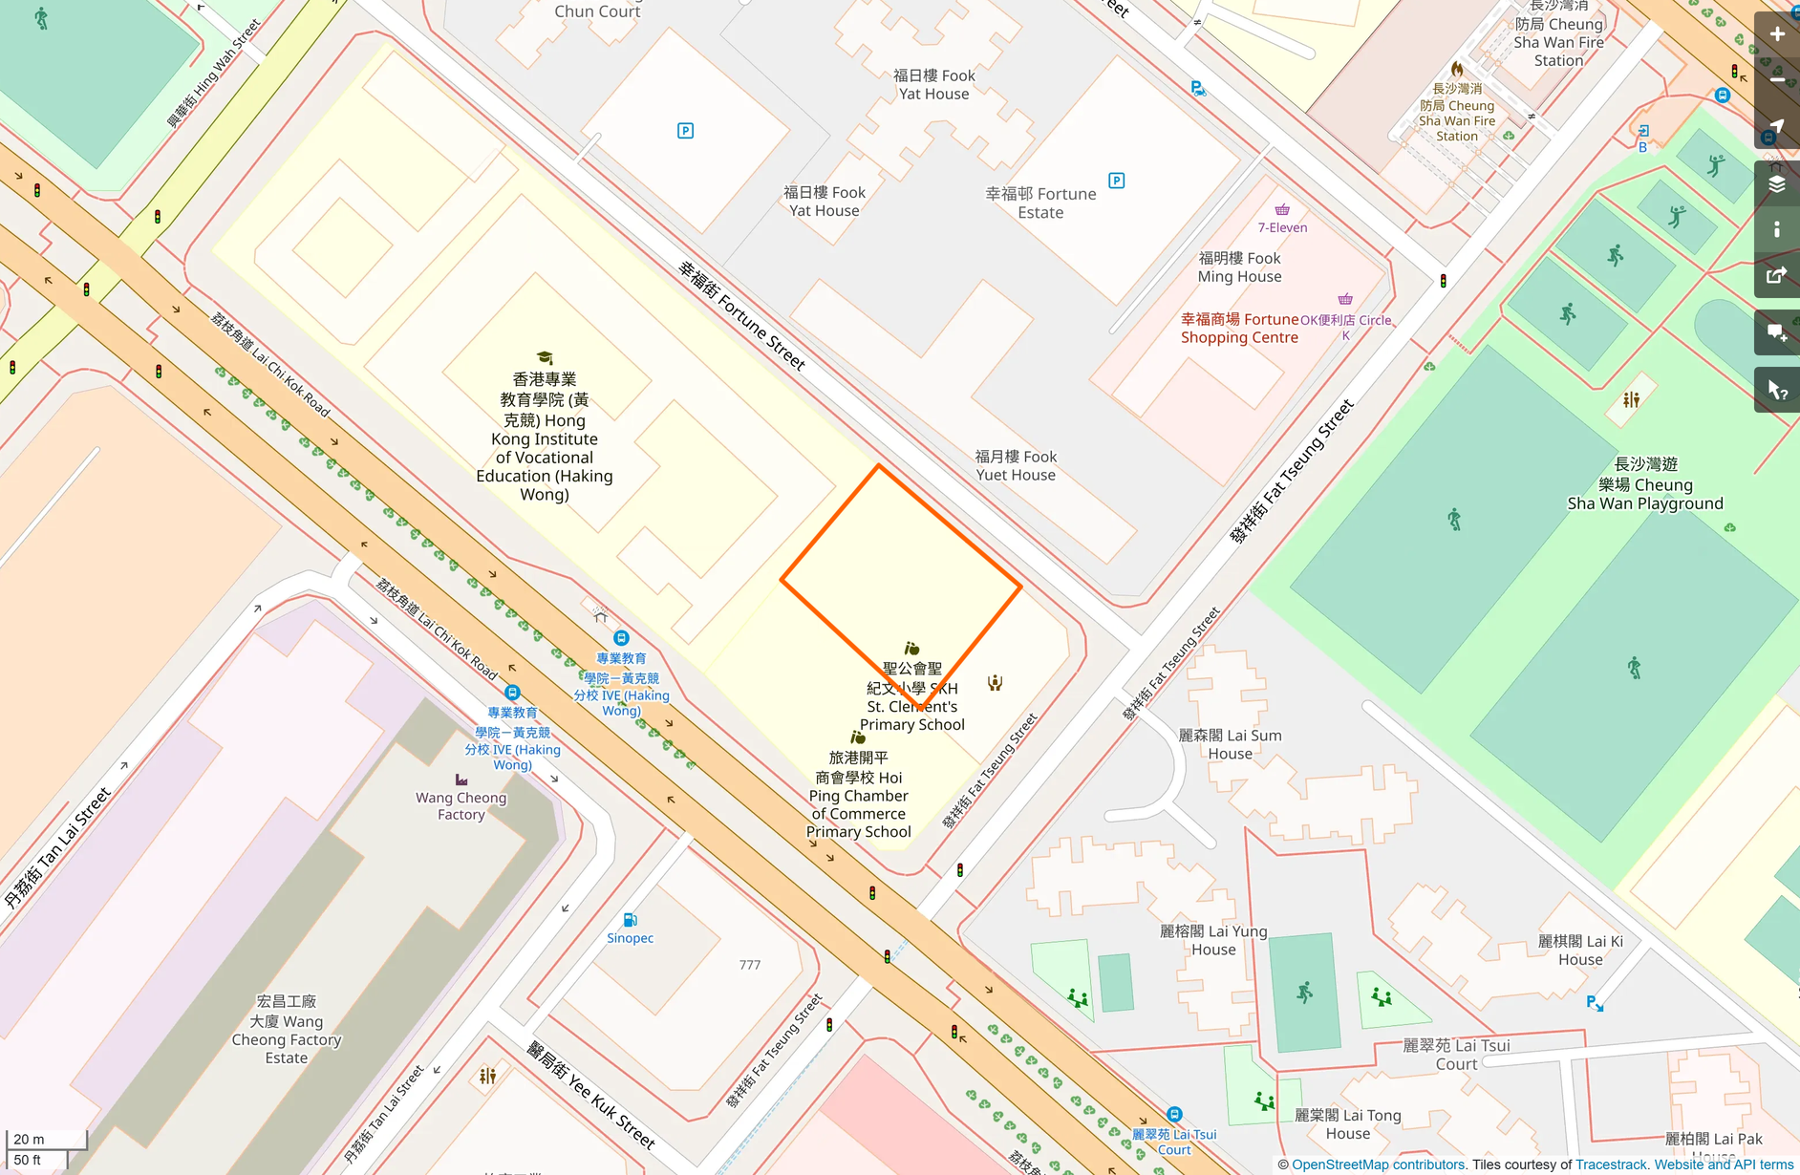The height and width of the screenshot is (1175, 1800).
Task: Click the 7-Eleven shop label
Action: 1282,227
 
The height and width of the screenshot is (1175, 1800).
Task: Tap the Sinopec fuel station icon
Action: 630,920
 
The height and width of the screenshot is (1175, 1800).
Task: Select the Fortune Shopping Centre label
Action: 1239,328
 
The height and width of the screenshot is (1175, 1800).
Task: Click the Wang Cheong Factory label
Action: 461,805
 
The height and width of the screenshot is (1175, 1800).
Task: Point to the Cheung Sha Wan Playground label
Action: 1644,484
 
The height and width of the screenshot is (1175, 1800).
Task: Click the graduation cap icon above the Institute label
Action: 545,358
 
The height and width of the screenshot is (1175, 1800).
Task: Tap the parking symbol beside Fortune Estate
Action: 1116,181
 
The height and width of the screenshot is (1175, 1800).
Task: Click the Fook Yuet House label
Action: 1015,465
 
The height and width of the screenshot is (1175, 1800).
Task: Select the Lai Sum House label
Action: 1230,744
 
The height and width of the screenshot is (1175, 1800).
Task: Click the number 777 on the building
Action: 750,965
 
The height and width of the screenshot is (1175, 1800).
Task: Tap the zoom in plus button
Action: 1776,34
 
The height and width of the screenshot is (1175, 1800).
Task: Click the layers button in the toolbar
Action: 1776,183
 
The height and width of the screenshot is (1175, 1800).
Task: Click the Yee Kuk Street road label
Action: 590,1095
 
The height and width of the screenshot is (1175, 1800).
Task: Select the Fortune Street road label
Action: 742,314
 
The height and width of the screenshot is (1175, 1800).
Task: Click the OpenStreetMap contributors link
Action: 1378,1164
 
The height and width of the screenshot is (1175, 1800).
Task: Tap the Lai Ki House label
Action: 1580,950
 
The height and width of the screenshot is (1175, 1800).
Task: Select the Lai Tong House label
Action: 1347,1123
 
